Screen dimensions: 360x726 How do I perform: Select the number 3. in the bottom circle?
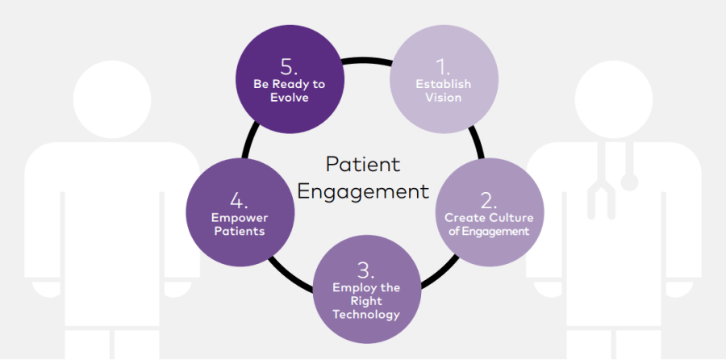click(x=365, y=269)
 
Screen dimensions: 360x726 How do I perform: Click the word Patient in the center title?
click(x=363, y=164)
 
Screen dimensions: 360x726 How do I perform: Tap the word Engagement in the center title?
click(x=363, y=191)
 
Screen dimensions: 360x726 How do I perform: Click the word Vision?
click(x=443, y=98)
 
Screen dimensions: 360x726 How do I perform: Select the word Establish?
click(x=443, y=84)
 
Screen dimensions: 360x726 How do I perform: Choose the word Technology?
click(x=366, y=315)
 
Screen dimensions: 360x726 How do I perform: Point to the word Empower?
click(x=240, y=217)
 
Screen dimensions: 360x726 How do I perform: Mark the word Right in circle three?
click(x=366, y=301)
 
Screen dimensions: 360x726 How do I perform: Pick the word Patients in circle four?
click(x=240, y=231)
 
